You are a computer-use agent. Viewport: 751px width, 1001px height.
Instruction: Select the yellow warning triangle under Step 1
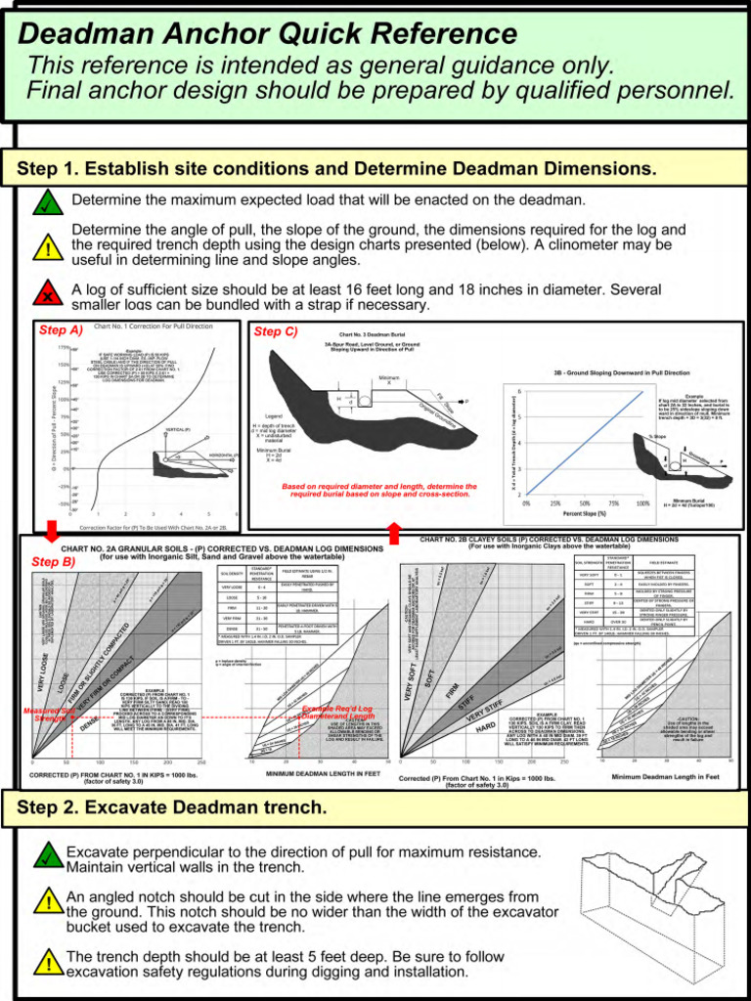[47, 248]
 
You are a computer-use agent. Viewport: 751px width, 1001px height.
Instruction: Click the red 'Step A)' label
[61, 330]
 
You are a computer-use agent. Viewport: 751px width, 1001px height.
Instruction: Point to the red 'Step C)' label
[276, 331]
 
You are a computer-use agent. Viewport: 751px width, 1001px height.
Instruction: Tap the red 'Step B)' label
[53, 562]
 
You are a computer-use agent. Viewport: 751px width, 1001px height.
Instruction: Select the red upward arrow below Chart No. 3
[395, 532]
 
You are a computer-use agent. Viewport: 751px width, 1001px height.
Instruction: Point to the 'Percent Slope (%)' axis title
[584, 513]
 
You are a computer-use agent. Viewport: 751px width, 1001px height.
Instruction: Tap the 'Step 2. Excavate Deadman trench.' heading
[172, 807]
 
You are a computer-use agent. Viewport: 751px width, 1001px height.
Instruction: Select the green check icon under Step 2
[47, 857]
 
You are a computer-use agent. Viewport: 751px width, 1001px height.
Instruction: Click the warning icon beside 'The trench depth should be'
[47, 962]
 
